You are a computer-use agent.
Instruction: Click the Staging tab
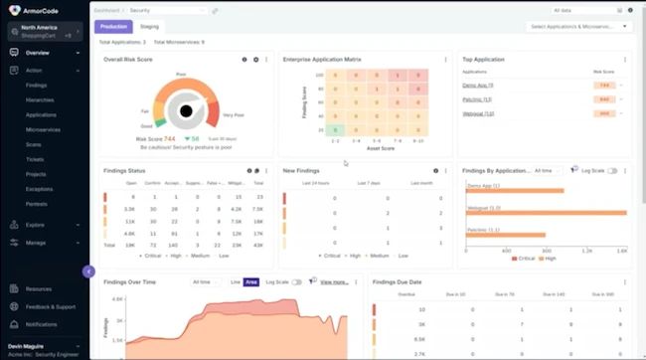pos(149,27)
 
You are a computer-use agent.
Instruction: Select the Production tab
pos(112,27)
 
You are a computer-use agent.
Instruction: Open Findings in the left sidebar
pos(37,86)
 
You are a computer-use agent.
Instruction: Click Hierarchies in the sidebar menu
pos(41,99)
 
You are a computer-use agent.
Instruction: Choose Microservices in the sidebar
pos(44,129)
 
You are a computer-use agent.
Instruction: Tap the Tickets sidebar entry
pos(36,158)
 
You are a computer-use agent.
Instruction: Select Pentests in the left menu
pos(38,202)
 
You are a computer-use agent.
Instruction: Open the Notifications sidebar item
pos(42,324)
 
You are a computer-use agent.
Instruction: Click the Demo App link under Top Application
pos(478,86)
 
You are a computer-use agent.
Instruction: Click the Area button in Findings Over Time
pos(251,282)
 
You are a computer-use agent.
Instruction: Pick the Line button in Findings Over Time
pos(236,282)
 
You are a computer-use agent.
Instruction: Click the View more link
pos(334,282)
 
